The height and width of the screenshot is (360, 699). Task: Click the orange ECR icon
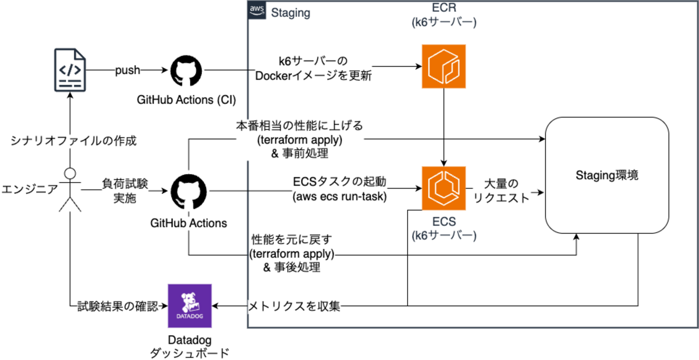(x=444, y=66)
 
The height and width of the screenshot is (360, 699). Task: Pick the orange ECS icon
(x=443, y=188)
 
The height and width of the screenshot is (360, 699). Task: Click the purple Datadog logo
(x=190, y=306)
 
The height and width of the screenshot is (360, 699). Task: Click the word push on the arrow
(x=128, y=70)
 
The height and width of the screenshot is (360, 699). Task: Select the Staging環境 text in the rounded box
(x=607, y=176)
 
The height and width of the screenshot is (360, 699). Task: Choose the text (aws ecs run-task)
(x=340, y=197)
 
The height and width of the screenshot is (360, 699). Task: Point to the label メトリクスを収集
(x=294, y=307)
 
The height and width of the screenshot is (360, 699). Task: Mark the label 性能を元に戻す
(x=292, y=239)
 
